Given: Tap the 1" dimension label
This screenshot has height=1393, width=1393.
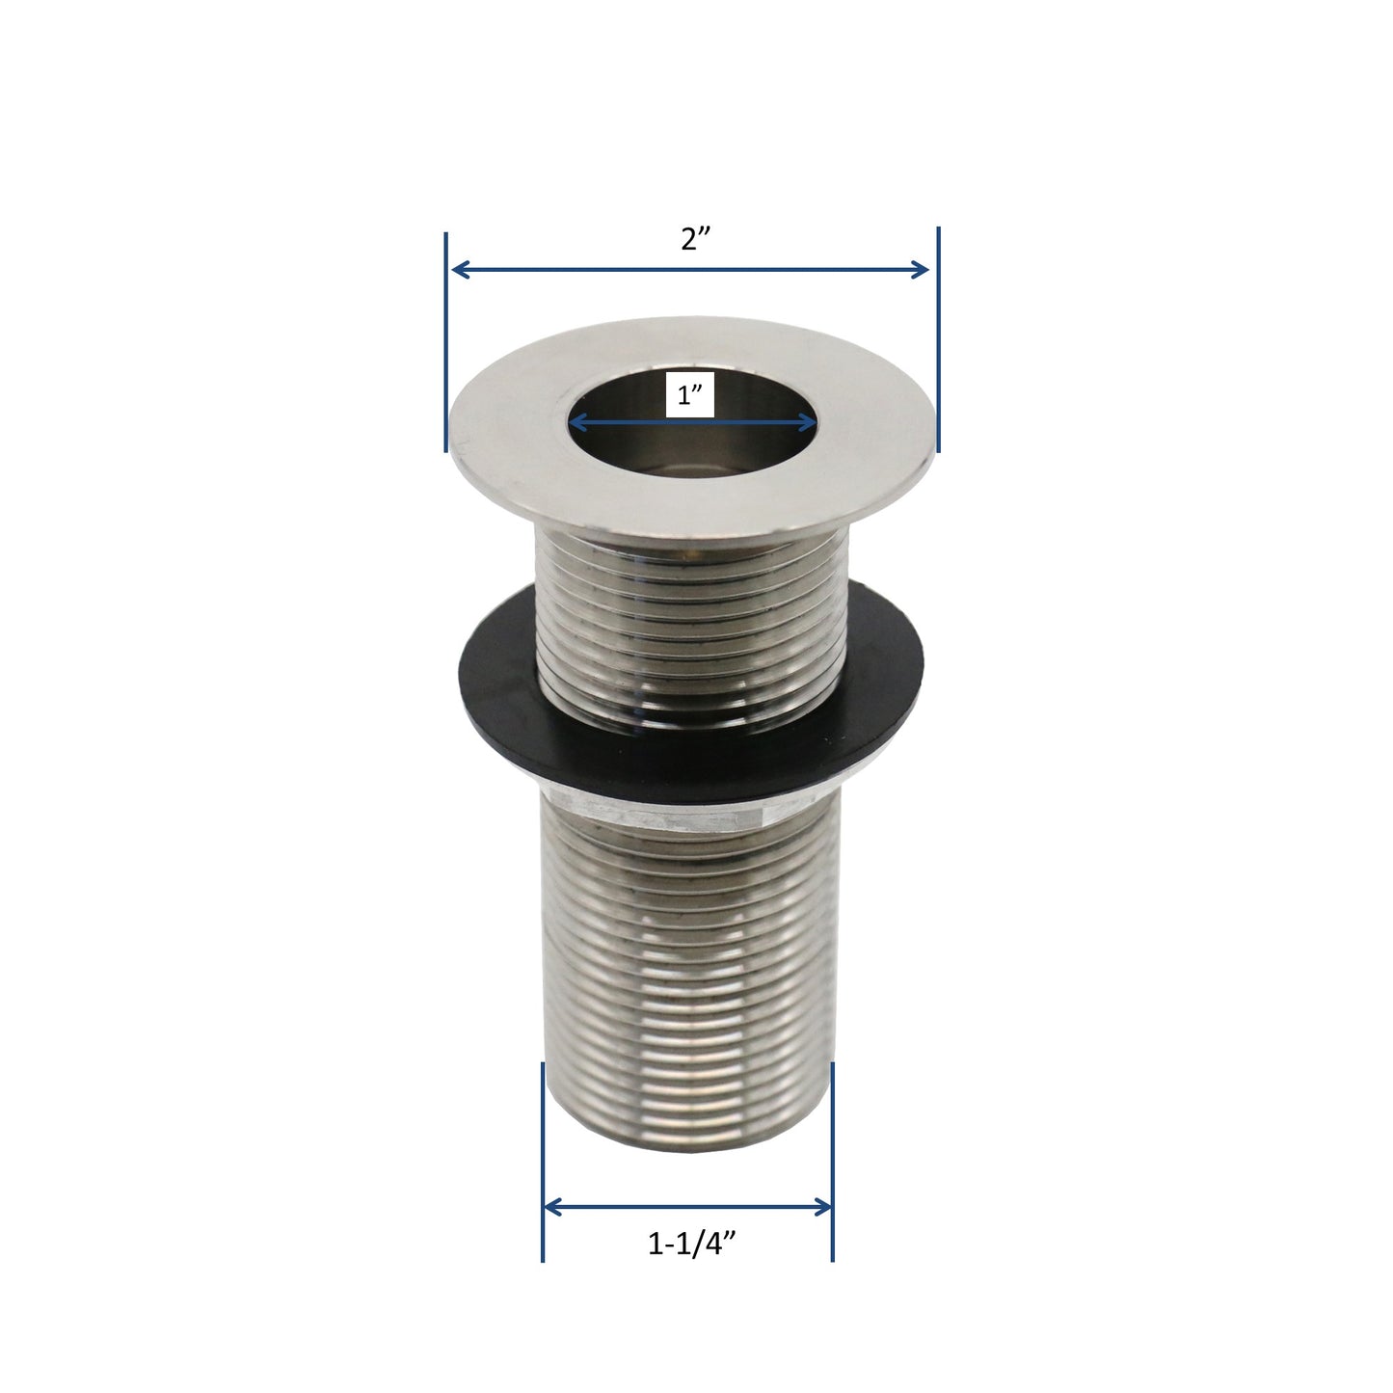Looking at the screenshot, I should [688, 395].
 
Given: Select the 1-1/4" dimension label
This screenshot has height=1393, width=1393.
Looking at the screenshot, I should [693, 1245].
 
